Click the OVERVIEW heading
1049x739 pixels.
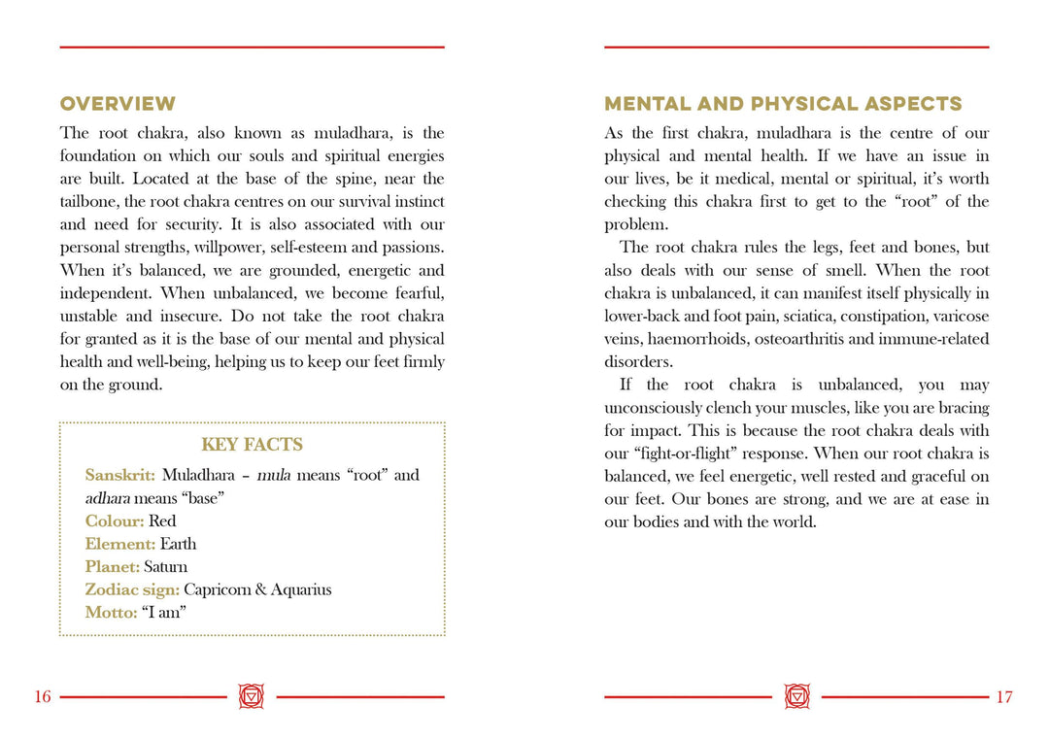(x=118, y=104)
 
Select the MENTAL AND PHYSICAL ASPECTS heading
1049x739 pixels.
(x=783, y=104)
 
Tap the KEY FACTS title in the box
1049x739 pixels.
(x=252, y=445)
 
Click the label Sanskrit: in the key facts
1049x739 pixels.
(x=120, y=475)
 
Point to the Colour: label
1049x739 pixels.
(x=115, y=521)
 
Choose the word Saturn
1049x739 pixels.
(x=166, y=566)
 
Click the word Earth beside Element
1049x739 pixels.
(x=179, y=544)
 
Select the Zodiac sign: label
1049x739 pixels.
(x=132, y=589)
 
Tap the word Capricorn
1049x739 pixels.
(x=217, y=589)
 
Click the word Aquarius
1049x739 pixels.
(x=301, y=589)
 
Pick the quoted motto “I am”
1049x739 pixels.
(x=163, y=613)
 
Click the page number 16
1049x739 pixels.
(x=43, y=697)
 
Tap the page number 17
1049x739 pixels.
(x=1004, y=697)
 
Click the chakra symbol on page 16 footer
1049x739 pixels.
(x=252, y=696)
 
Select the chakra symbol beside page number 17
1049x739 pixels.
(x=796, y=696)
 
